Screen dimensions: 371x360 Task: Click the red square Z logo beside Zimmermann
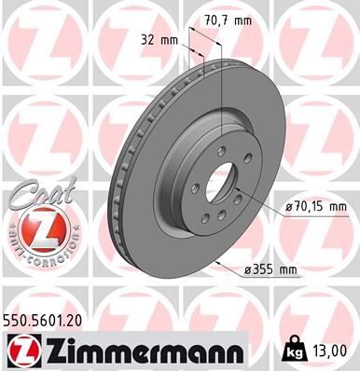coord(21,350)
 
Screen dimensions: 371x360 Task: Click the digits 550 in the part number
coord(18,320)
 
